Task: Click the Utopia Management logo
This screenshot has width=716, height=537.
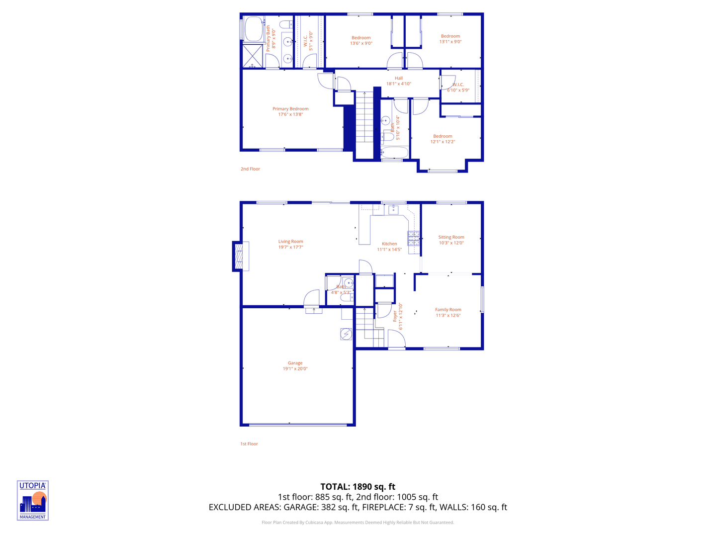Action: tap(33, 500)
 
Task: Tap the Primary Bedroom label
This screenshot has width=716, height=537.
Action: tap(290, 109)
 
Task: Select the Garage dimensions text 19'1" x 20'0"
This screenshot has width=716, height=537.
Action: tap(295, 369)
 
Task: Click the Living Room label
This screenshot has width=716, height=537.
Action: tap(290, 242)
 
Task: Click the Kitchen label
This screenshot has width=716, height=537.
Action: tap(389, 244)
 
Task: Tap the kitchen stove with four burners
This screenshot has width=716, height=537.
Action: tap(414, 239)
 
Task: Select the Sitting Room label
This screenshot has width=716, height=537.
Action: tap(451, 237)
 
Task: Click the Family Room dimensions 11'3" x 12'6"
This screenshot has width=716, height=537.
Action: tap(448, 315)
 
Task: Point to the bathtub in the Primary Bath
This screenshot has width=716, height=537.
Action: tap(254, 29)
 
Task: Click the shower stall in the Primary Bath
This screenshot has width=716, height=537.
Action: tap(253, 56)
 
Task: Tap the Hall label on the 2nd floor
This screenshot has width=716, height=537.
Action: tap(399, 78)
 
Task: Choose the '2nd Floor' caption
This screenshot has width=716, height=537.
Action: tap(250, 169)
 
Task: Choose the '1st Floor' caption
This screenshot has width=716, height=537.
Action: tap(249, 444)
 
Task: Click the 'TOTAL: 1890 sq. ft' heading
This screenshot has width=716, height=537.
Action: tap(358, 487)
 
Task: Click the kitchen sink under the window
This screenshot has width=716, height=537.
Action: tap(393, 210)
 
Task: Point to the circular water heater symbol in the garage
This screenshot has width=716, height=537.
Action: tap(346, 334)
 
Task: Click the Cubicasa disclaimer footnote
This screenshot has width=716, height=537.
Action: tap(358, 523)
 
